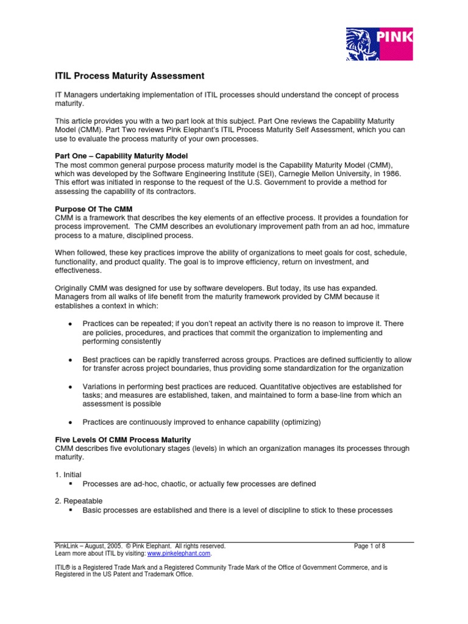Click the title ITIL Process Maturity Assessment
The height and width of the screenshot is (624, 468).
click(126, 76)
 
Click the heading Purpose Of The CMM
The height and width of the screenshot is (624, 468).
click(91, 209)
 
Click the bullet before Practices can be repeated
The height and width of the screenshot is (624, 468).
click(71, 324)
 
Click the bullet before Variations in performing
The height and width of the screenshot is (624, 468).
click(71, 387)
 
